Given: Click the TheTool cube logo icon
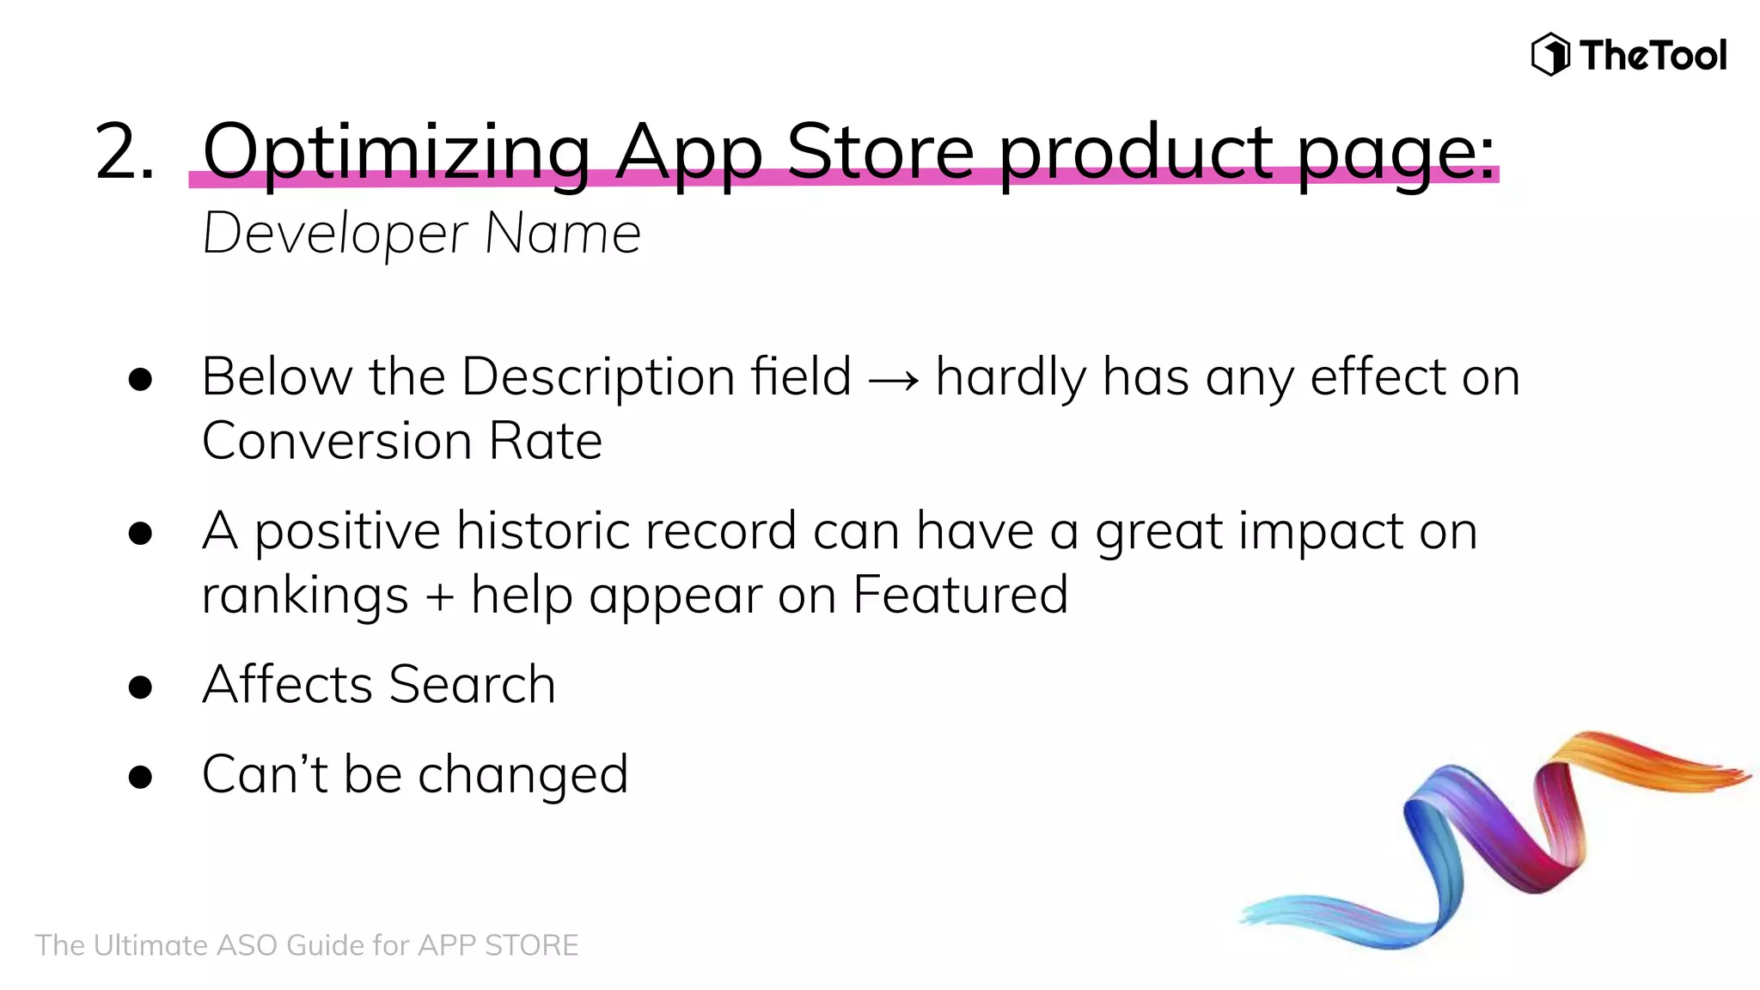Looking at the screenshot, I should (x=1550, y=55).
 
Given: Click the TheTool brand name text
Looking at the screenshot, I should (x=1653, y=56).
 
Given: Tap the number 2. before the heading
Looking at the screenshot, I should (x=125, y=152).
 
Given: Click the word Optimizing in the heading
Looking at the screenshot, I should (x=396, y=152).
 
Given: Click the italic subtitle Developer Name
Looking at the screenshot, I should (x=421, y=234).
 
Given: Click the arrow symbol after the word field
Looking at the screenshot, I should (x=893, y=379).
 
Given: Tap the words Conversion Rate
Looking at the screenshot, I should (x=401, y=441).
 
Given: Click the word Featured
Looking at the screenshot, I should (x=960, y=595).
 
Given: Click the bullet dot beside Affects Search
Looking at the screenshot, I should (x=140, y=687).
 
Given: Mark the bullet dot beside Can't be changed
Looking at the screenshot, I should (x=140, y=777).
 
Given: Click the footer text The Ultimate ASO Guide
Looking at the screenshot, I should (x=306, y=945).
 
